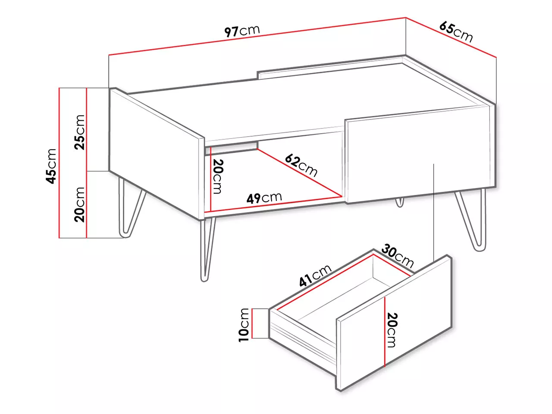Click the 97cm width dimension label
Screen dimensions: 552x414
(x=242, y=31)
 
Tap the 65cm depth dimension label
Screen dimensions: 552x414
(x=456, y=32)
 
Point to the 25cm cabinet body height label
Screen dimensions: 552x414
(x=80, y=132)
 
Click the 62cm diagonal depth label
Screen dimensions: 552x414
(x=301, y=166)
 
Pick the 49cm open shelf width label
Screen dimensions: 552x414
(x=264, y=198)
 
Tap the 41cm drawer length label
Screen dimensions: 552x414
(x=315, y=276)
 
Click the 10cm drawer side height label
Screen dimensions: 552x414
(x=243, y=325)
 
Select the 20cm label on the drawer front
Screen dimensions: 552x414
(x=392, y=330)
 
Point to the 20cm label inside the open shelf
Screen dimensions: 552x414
(x=218, y=177)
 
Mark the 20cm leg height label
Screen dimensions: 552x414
(x=80, y=204)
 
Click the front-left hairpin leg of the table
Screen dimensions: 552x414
(x=208, y=249)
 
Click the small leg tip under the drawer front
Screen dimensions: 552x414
(x=399, y=202)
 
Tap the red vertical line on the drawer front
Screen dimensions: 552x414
(x=385, y=332)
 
